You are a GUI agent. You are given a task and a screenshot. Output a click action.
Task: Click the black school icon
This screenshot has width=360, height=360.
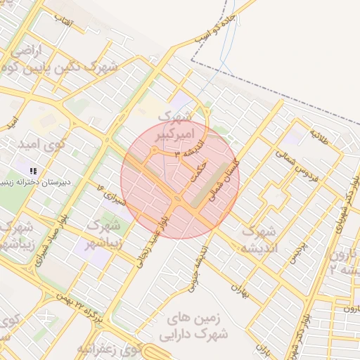point(32,171)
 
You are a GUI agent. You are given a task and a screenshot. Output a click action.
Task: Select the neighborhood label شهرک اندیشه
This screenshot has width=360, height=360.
point(259,239)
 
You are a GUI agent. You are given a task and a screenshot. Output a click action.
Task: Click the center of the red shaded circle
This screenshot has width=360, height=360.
point(180,180)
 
